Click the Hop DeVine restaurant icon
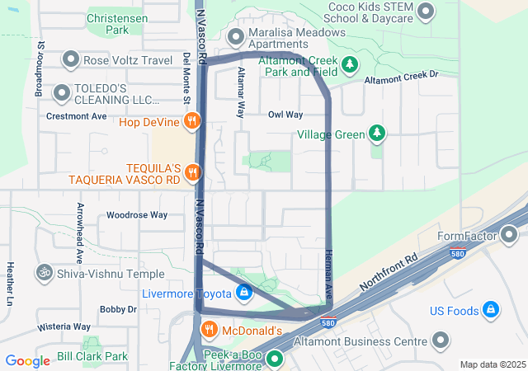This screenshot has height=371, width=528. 192,122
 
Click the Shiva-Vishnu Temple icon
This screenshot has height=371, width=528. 42,273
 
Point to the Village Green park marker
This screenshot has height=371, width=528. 377,133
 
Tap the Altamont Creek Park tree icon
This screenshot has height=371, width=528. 350,63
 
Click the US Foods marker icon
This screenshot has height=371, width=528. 491,310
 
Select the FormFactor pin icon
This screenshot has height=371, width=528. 510,237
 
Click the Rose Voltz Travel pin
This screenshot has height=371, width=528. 70,59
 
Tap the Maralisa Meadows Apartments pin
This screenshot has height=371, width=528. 236,35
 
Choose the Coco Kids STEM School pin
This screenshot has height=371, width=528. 426,11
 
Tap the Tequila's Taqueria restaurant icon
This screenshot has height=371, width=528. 192,172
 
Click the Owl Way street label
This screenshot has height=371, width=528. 285,115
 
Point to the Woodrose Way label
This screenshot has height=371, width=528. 137,215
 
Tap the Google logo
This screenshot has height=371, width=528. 27,360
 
